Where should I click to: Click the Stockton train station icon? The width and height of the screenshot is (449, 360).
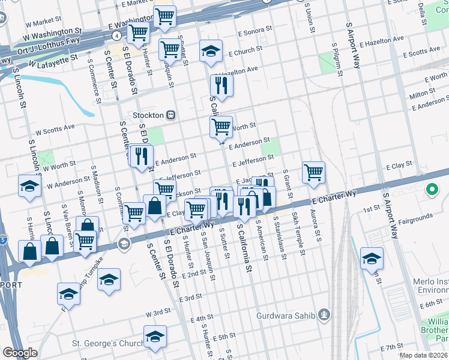coord(170,115)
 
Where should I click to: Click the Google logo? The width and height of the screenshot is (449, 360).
coord(20,353)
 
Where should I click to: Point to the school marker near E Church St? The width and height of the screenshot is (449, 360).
coord(211,52)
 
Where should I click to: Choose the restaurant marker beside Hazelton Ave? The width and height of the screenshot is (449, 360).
coord(221,86)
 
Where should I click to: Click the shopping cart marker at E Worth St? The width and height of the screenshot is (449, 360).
coord(221,127)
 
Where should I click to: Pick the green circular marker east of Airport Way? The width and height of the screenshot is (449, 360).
coord(431,191)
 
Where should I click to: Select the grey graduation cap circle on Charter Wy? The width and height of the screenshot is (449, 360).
coord(124,243)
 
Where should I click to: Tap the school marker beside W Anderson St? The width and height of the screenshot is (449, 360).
coord(29,186)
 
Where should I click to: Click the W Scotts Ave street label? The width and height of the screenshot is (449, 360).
coord(55,128)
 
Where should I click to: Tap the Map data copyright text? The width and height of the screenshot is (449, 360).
coord(424,355)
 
